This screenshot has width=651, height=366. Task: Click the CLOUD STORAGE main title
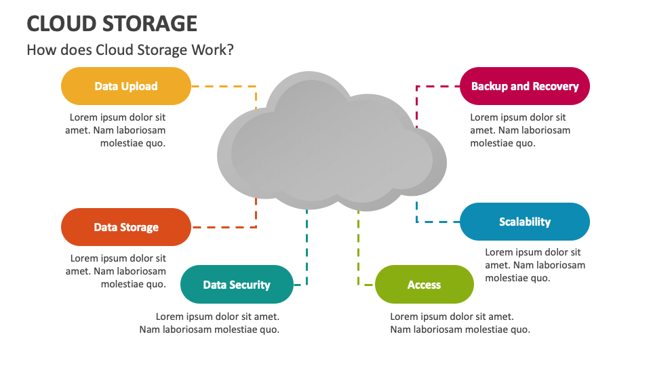coord(112,24)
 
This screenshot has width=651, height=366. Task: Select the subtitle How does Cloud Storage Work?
coord(130,49)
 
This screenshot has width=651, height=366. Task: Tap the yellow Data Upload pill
coord(126,86)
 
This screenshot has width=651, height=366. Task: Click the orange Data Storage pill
coord(126,227)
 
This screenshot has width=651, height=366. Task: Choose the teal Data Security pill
coord(237,284)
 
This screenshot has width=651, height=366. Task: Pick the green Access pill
coord(425,284)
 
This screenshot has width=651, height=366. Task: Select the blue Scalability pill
coord(525,222)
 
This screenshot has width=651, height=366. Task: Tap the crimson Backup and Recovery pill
coord(525,86)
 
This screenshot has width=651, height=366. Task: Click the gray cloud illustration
coord(332,141)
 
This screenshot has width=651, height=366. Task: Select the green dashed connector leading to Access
coord(358,249)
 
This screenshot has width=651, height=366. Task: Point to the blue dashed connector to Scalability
coord(432,222)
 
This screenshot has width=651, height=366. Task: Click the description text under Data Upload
coord(115,130)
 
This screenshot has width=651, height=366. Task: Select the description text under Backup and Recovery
coord(520,130)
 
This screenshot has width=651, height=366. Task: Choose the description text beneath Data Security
coord(210,323)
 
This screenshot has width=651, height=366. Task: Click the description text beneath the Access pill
coord(460,323)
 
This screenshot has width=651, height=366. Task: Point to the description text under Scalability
coord(535,265)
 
